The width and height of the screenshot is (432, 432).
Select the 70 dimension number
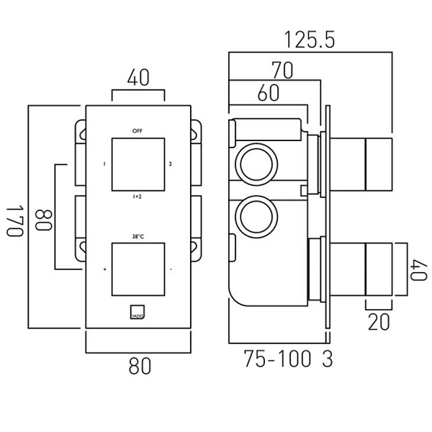point(282,70)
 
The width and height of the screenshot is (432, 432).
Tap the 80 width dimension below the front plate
point(139,366)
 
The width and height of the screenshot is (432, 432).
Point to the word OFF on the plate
point(138,130)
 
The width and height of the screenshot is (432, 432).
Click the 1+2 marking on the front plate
point(137,196)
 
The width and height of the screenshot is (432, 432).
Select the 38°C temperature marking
point(138,236)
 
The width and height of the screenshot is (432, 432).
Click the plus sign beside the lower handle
point(104,270)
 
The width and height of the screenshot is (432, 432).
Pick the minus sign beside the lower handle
point(171,270)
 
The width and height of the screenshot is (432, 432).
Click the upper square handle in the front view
point(138,163)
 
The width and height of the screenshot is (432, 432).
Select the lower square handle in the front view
point(138,270)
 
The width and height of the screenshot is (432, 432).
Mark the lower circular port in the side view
point(254,214)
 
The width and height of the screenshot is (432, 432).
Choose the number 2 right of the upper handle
point(171,163)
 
